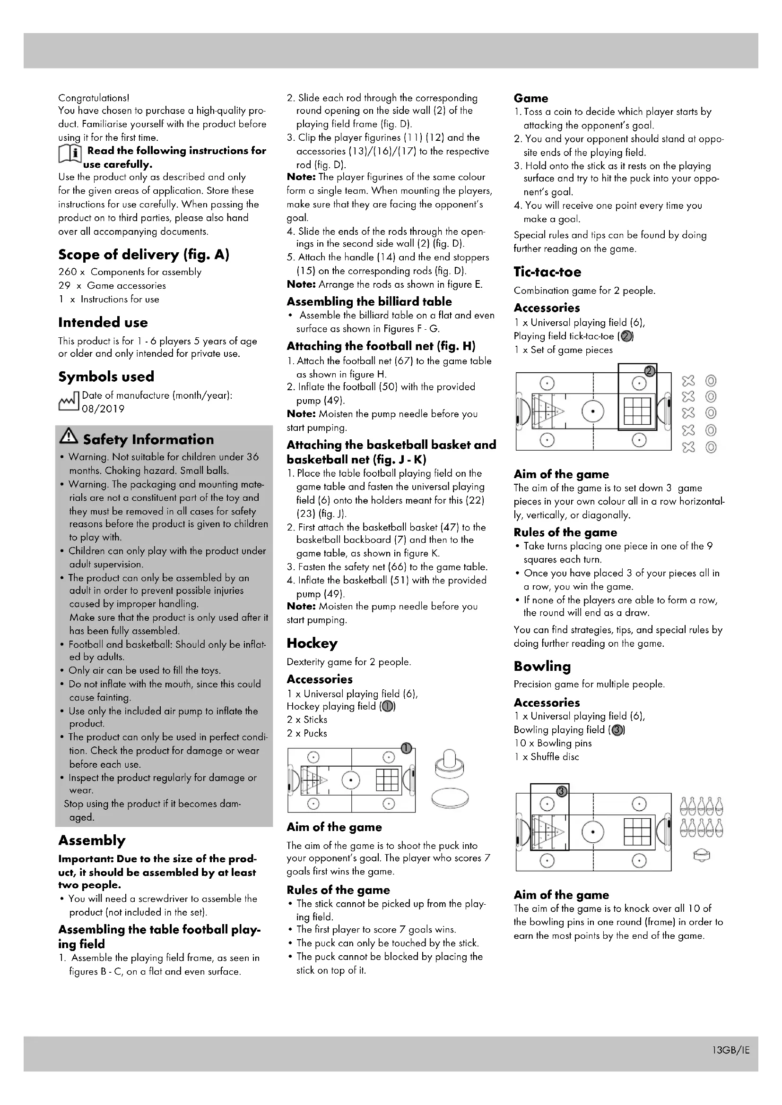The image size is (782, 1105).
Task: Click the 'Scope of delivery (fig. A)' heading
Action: coord(144,254)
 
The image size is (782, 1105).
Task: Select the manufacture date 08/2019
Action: coord(103,409)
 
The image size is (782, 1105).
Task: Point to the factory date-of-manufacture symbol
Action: coord(68,403)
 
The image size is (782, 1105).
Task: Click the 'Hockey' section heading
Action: coord(312,643)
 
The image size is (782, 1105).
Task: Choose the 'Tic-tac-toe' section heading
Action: coord(547,272)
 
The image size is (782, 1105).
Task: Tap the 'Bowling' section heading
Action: coord(542,666)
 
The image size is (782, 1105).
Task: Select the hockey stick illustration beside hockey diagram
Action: coord(450,765)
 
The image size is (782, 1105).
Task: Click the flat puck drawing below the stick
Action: coord(450,798)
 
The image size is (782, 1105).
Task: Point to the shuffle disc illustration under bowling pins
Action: coord(702,855)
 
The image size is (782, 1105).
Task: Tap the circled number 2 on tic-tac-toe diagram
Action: coord(650,370)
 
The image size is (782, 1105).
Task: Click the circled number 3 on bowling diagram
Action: coord(562,791)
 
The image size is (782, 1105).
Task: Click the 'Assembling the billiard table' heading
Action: coord(369,302)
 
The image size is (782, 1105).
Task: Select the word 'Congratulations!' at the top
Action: coord(94,98)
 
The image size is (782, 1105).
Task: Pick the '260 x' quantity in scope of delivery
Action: coord(72,272)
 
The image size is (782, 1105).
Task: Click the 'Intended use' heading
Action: coord(103,323)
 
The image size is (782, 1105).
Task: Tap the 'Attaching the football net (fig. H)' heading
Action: coord(381,346)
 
